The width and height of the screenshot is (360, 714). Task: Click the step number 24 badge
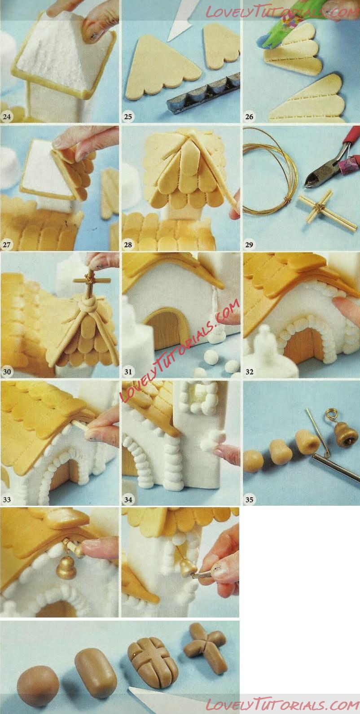(7, 117)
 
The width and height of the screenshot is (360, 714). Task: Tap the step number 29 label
(249, 245)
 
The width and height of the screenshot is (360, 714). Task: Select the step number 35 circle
(250, 499)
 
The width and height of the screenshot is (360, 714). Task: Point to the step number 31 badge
(128, 372)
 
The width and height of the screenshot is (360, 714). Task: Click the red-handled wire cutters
(332, 159)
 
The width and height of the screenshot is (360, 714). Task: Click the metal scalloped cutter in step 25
(203, 93)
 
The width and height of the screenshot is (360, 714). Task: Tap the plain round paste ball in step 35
(254, 460)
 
